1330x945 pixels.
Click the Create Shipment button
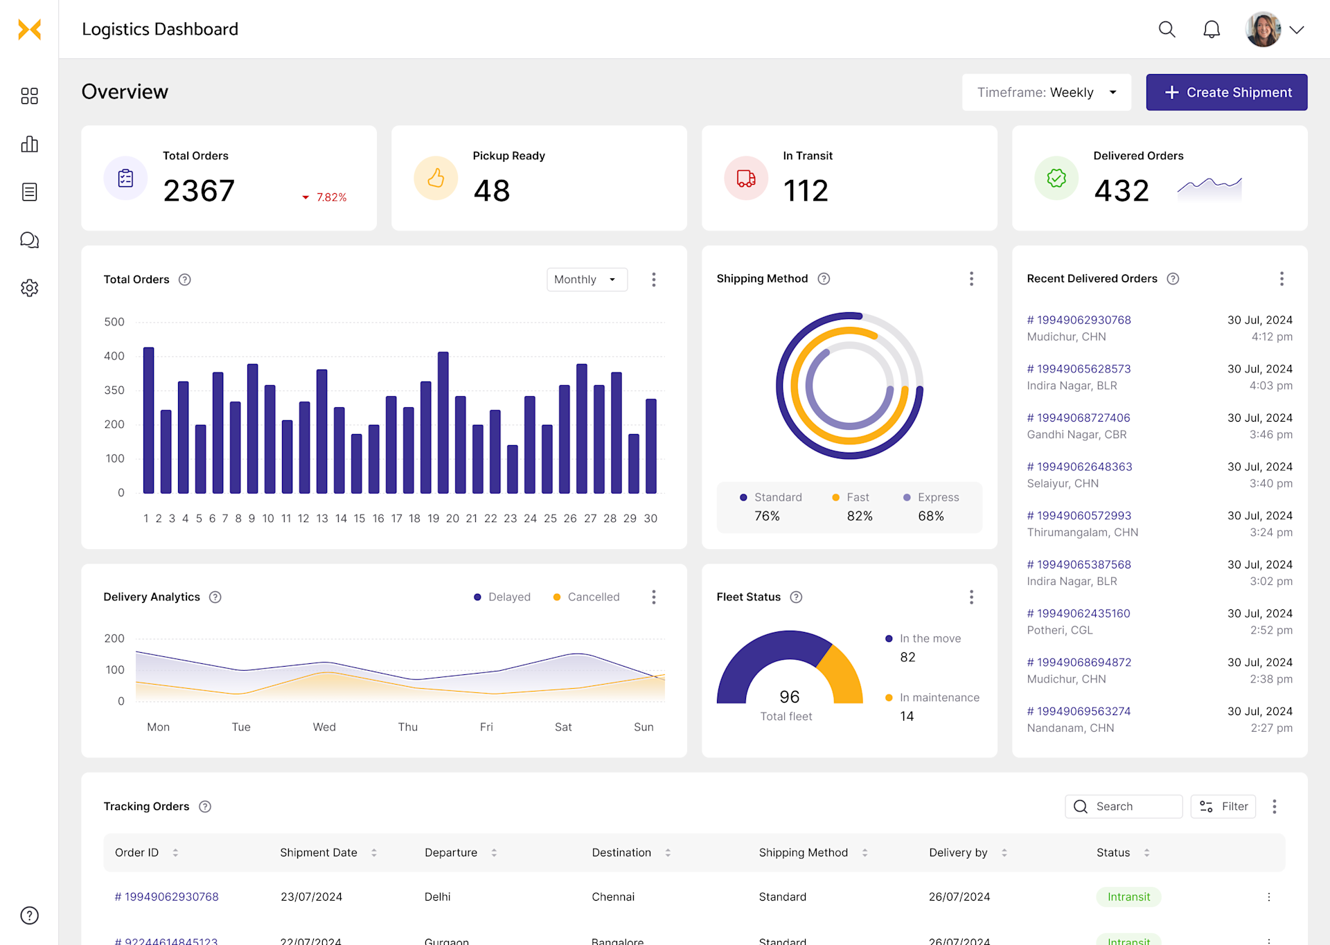(x=1226, y=92)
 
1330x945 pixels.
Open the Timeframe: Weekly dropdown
(x=1046, y=92)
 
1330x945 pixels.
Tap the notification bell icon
(x=1211, y=29)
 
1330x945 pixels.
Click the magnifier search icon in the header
(x=1167, y=29)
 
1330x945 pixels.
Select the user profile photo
(x=1262, y=29)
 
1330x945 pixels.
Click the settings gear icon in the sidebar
(x=29, y=288)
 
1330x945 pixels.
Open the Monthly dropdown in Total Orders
(x=586, y=280)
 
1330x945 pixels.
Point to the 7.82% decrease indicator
(x=326, y=197)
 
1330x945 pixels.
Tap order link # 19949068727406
(x=1078, y=418)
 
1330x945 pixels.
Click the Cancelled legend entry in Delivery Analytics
(x=586, y=597)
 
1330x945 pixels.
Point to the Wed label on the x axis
(x=324, y=727)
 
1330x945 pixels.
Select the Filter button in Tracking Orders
(x=1223, y=807)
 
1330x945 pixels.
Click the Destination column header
(x=621, y=853)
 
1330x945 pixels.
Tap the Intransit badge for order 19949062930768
(x=1128, y=897)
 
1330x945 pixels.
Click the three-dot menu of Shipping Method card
(x=971, y=279)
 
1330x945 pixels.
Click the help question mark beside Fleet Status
(x=796, y=597)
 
